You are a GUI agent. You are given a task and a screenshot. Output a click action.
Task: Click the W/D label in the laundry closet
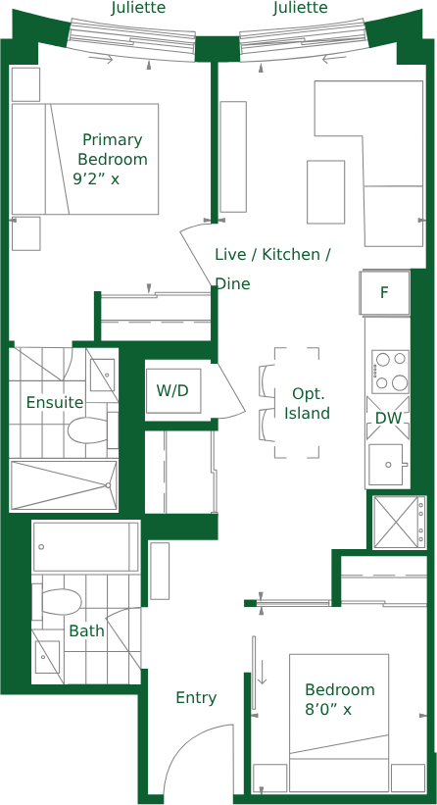pyautogui.click(x=172, y=390)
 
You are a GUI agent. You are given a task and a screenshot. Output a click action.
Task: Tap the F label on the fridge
pyautogui.click(x=384, y=292)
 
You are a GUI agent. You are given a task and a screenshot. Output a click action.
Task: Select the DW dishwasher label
pyautogui.click(x=388, y=419)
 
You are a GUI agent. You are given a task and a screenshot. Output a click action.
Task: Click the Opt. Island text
pyautogui.click(x=308, y=404)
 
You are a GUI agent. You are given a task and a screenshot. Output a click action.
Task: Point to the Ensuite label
pyautogui.click(x=55, y=402)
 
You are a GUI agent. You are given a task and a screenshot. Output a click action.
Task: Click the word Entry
pyautogui.click(x=196, y=698)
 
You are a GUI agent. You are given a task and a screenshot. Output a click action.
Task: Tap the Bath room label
pyautogui.click(x=86, y=630)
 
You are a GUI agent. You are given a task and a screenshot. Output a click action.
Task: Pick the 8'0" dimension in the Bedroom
pyautogui.click(x=321, y=710)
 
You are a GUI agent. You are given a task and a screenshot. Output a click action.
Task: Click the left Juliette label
pyautogui.click(x=138, y=8)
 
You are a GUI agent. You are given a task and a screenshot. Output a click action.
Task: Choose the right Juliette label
pyautogui.click(x=300, y=8)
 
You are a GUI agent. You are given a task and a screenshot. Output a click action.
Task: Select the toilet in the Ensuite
pyautogui.click(x=88, y=429)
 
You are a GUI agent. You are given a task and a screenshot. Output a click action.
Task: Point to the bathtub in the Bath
pyautogui.click(x=85, y=546)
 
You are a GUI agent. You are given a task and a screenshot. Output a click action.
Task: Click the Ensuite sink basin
pyautogui.click(x=102, y=376)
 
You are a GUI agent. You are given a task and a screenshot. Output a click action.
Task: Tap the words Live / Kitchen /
pyautogui.click(x=272, y=255)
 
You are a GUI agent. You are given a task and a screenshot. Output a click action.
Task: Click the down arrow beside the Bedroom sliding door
pyautogui.click(x=262, y=672)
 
